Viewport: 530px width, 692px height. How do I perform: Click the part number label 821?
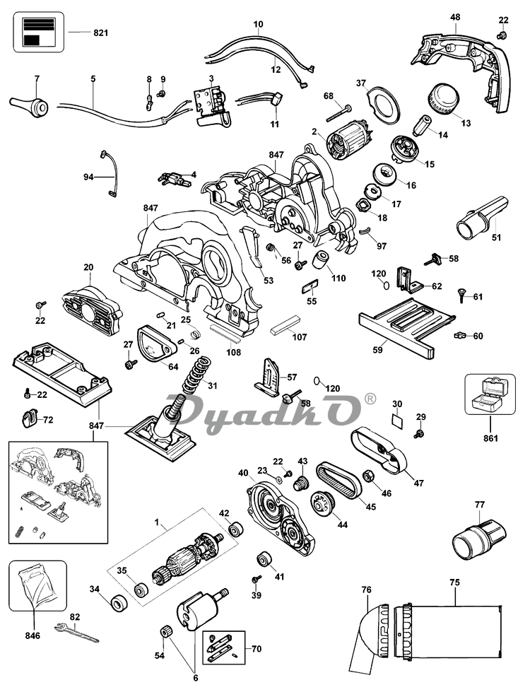click(x=100, y=33)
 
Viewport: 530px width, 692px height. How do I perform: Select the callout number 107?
click(x=300, y=337)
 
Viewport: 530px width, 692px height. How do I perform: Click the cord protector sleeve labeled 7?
click(x=29, y=105)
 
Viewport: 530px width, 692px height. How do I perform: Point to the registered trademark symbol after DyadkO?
click(x=370, y=399)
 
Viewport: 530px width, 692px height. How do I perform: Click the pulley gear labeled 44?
click(x=324, y=503)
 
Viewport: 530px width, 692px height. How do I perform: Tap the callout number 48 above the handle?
click(x=455, y=17)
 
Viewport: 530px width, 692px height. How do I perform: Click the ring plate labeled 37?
click(x=383, y=104)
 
